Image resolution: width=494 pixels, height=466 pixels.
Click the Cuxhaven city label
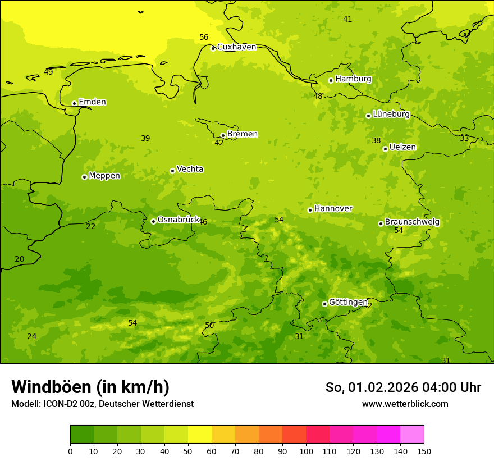point(236,47)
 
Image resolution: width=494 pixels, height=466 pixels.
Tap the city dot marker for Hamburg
point(331,80)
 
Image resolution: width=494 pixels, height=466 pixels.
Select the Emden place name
point(92,102)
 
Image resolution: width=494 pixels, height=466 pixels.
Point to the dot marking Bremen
point(223,135)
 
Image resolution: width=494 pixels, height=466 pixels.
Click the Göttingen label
point(348,302)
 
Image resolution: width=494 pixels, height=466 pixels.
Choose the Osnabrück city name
point(179,220)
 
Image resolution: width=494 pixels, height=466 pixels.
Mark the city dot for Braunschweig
point(381,223)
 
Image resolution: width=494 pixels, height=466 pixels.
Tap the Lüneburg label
point(391,114)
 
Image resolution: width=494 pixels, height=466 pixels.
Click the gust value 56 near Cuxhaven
point(204,38)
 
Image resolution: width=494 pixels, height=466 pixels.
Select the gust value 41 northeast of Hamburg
point(347,20)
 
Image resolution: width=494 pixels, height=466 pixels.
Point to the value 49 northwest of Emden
point(48,72)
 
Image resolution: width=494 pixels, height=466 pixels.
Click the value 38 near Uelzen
point(376,141)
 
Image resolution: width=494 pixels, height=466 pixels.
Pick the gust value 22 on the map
point(91,227)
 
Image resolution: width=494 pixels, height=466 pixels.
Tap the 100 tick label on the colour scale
point(306,451)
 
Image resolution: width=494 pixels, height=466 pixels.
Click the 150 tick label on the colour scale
point(424,451)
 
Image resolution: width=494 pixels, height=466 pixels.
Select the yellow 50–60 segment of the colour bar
point(200,435)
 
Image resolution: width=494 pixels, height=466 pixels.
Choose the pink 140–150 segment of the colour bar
point(412,435)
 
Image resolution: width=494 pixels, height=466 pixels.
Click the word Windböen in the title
point(51,387)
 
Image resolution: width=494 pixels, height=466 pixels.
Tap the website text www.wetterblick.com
point(405,404)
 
